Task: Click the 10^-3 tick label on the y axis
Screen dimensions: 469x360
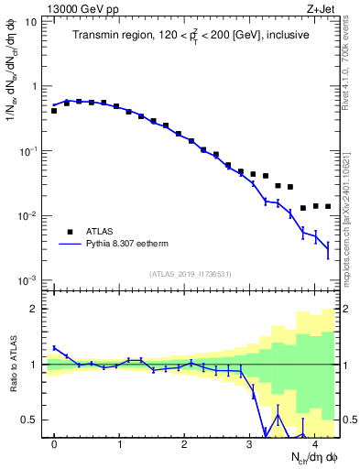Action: click(27, 280)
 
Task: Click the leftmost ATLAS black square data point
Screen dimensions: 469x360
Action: click(54, 110)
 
